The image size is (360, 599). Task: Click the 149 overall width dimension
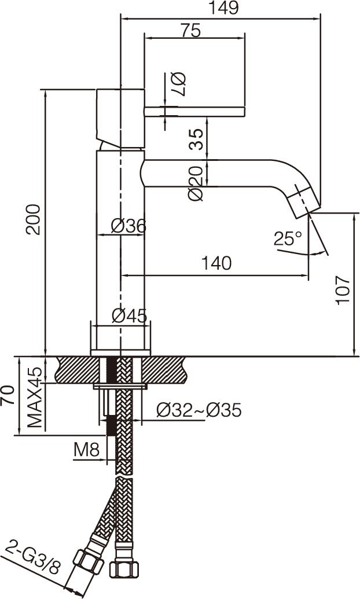click(x=223, y=8)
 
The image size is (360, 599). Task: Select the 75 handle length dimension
click(x=190, y=31)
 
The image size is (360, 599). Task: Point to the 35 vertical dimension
click(x=196, y=139)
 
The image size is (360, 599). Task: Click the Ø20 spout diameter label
click(x=196, y=183)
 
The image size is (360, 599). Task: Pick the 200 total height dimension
click(x=33, y=219)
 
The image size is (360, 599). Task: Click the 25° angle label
click(x=288, y=239)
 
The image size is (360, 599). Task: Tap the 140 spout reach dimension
click(x=216, y=263)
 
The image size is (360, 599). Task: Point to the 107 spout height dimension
click(x=343, y=290)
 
